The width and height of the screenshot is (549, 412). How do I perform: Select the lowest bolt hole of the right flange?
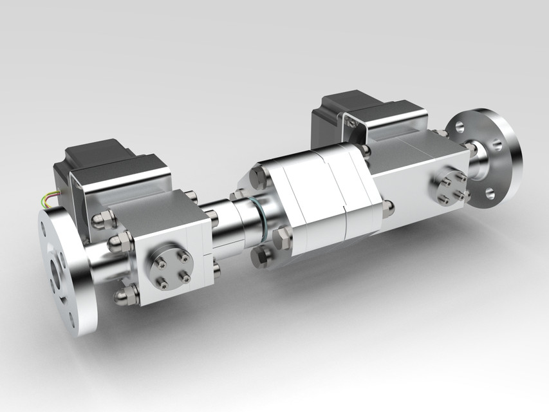coord(490,193)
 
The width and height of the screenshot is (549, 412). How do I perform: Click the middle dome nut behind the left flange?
coord(119,242)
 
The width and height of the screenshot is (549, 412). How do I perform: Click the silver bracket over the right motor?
coord(386,122)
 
